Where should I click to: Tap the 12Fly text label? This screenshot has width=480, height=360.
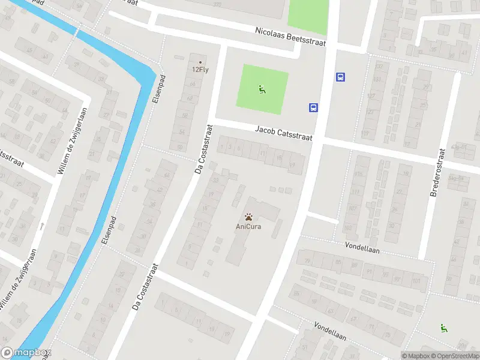pos(200,69)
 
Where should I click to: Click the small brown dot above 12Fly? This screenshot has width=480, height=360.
pos(200,62)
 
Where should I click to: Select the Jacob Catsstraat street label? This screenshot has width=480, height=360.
pos(283,133)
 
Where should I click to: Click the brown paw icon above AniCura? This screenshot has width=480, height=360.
pos(248,216)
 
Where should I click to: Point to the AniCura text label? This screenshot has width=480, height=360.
pos(248,226)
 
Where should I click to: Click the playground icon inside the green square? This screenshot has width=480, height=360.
pos(262,90)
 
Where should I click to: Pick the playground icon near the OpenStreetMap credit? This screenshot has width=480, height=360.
pos(444,328)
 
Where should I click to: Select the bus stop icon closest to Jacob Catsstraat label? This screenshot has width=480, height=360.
pos(313,108)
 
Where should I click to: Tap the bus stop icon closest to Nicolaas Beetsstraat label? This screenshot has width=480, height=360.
pos(340,77)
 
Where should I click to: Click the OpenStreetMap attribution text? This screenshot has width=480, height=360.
pos(455,356)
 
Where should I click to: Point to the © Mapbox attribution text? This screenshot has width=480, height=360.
pos(416,356)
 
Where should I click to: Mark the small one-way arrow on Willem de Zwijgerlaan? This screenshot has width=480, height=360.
pos(42,226)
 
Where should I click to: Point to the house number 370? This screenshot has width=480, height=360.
pos(217,4)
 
